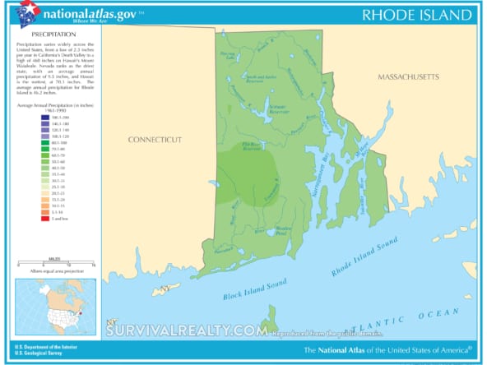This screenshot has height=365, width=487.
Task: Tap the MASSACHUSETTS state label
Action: point(409,76)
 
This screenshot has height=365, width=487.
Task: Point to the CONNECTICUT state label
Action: point(155,140)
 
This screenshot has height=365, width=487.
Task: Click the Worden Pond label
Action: point(283,232)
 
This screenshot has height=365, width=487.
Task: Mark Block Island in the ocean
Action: point(269,319)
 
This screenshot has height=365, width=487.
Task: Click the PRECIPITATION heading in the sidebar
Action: point(54,34)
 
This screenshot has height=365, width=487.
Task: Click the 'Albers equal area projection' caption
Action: point(56,271)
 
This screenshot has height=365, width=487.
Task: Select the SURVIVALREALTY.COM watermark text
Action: point(187,331)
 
